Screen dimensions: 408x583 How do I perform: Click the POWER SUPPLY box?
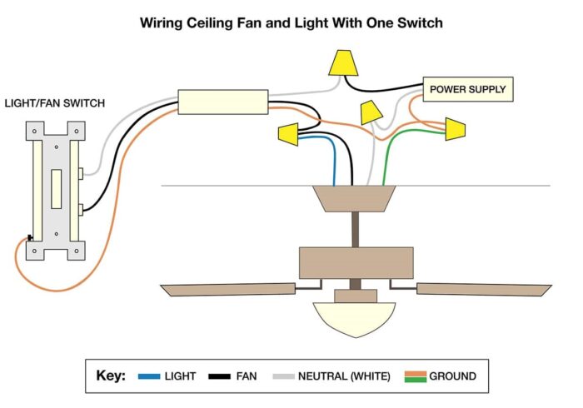click(x=467, y=89)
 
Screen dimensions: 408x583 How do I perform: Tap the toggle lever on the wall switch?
click(x=56, y=189)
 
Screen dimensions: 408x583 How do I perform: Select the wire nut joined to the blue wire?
click(x=289, y=132)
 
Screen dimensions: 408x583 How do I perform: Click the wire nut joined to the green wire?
click(x=455, y=129)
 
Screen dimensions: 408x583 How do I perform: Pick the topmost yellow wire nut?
click(x=341, y=62)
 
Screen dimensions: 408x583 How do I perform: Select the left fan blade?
click(x=228, y=289)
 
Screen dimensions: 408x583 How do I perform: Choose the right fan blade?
click(x=484, y=289)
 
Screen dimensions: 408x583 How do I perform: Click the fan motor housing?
click(x=356, y=262)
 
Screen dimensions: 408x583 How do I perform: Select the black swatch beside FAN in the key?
click(x=220, y=376)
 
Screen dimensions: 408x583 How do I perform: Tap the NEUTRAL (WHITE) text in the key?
click(x=344, y=376)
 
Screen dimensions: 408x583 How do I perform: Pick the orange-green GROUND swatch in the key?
click(x=415, y=376)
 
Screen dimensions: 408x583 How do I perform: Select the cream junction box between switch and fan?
click(x=222, y=102)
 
